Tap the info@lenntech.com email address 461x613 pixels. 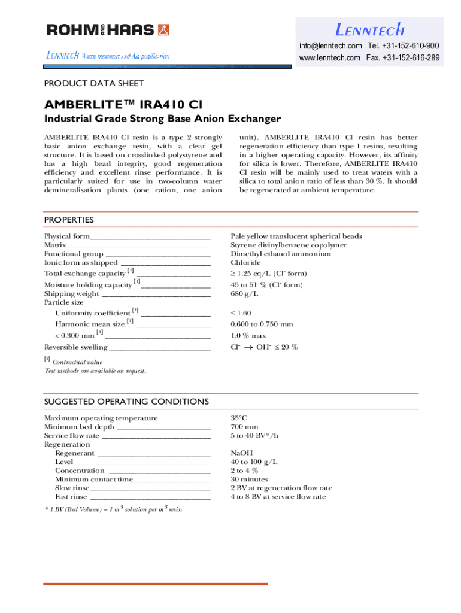[x=330, y=46]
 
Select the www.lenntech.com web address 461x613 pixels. [x=329, y=58]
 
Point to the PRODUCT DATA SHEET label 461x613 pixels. [x=94, y=84]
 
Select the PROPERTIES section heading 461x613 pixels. [x=69, y=220]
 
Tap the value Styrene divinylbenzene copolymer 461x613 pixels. [x=289, y=245]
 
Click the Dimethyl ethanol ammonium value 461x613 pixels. [x=281, y=254]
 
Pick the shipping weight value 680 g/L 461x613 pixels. [x=244, y=293]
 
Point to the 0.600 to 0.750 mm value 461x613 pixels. [x=262, y=324]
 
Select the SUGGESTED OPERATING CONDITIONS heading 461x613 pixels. [x=126, y=401]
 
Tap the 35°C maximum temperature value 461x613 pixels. [x=239, y=418]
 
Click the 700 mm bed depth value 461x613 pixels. [x=244, y=427]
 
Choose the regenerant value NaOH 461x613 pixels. [x=242, y=453]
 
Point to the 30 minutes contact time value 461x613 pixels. [x=249, y=479]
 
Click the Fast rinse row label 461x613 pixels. [x=72, y=497]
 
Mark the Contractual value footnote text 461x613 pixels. [x=77, y=362]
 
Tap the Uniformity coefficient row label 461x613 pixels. [x=93, y=313]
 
